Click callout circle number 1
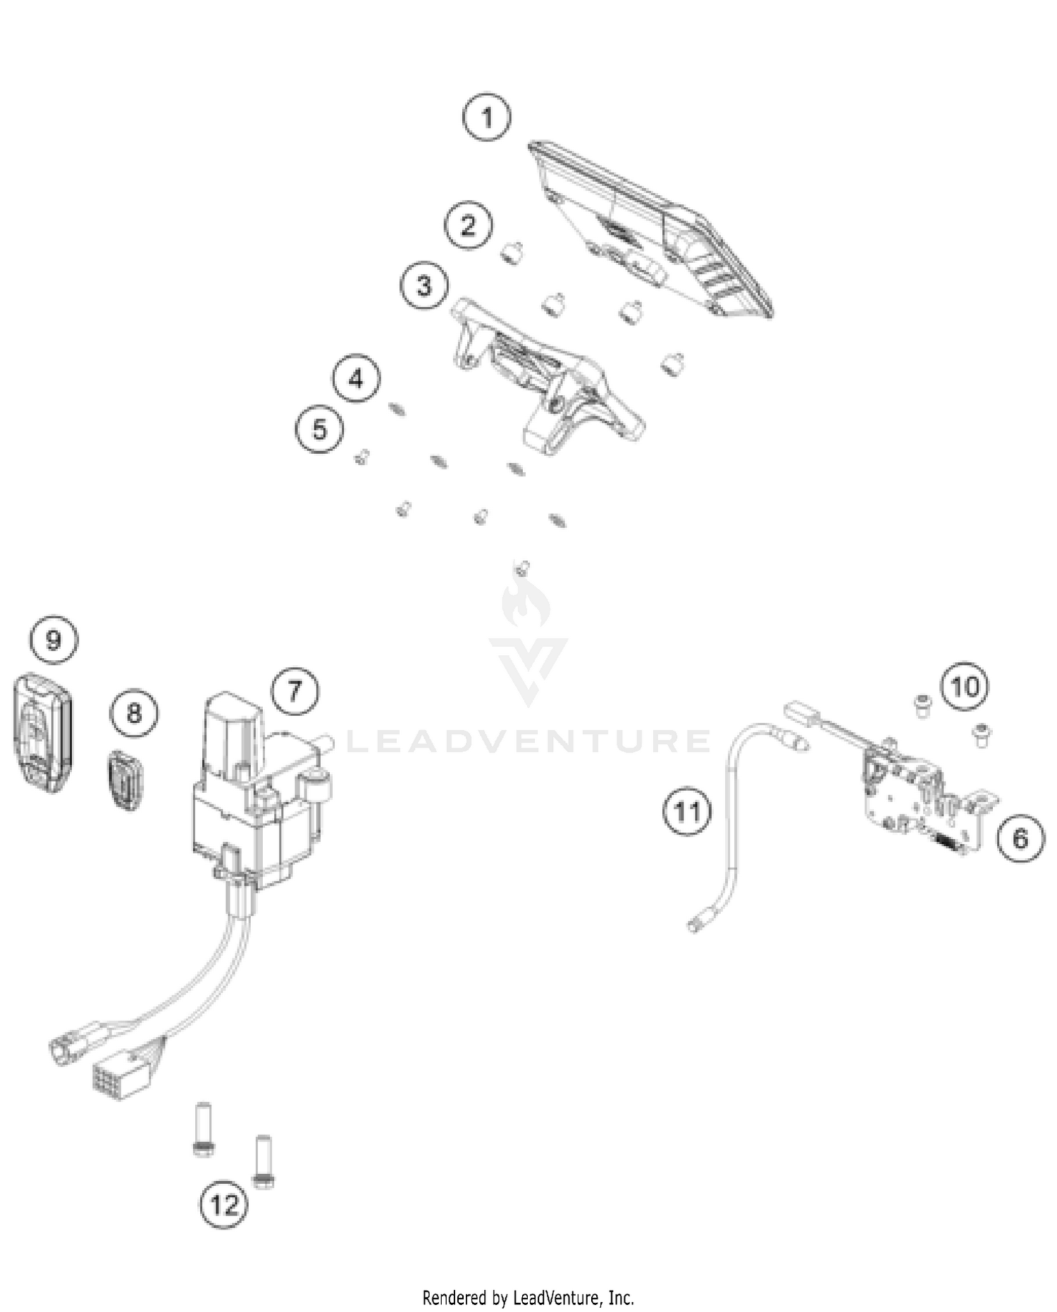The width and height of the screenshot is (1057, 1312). point(486,116)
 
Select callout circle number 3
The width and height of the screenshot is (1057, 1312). point(424,285)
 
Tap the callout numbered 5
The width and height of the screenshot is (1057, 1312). point(319,429)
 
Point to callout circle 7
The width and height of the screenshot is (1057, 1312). point(295,691)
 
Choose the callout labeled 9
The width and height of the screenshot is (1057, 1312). point(54,640)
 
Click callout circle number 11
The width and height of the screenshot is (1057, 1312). point(687,812)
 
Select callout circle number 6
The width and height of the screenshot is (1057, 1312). point(1020,838)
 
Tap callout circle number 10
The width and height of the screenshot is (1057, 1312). point(965,686)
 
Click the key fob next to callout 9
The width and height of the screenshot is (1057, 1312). point(42,733)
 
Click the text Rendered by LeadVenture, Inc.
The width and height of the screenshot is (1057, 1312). point(528,1297)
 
